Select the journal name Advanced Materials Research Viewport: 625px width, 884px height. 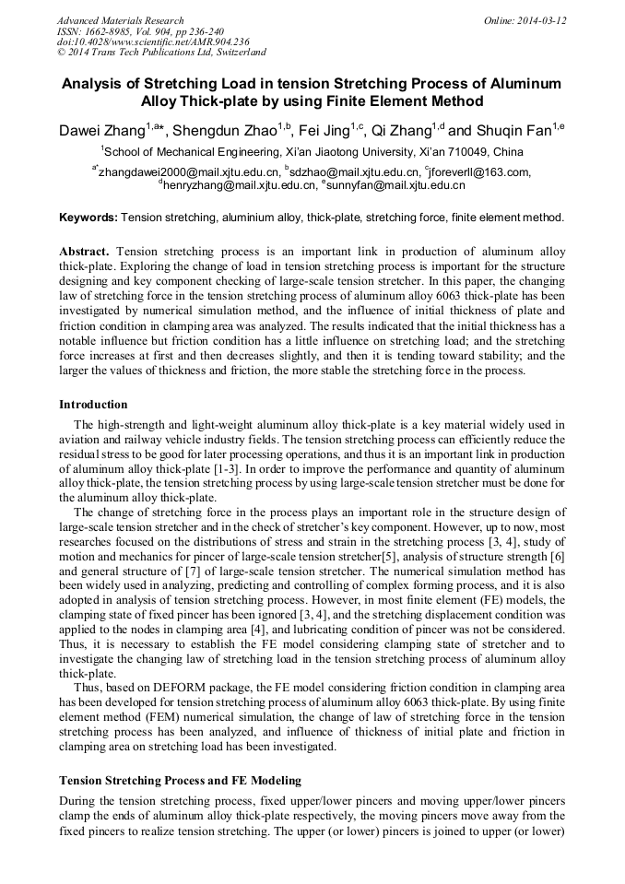pos(120,19)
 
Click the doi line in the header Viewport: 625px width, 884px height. pos(153,41)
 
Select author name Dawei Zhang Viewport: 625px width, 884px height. pos(101,131)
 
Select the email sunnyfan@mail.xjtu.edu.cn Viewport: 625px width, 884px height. pos(396,185)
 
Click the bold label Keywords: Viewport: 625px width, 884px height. pos(88,218)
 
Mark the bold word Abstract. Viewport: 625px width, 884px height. pos(84,252)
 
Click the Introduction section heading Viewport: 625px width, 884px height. pos(93,405)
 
